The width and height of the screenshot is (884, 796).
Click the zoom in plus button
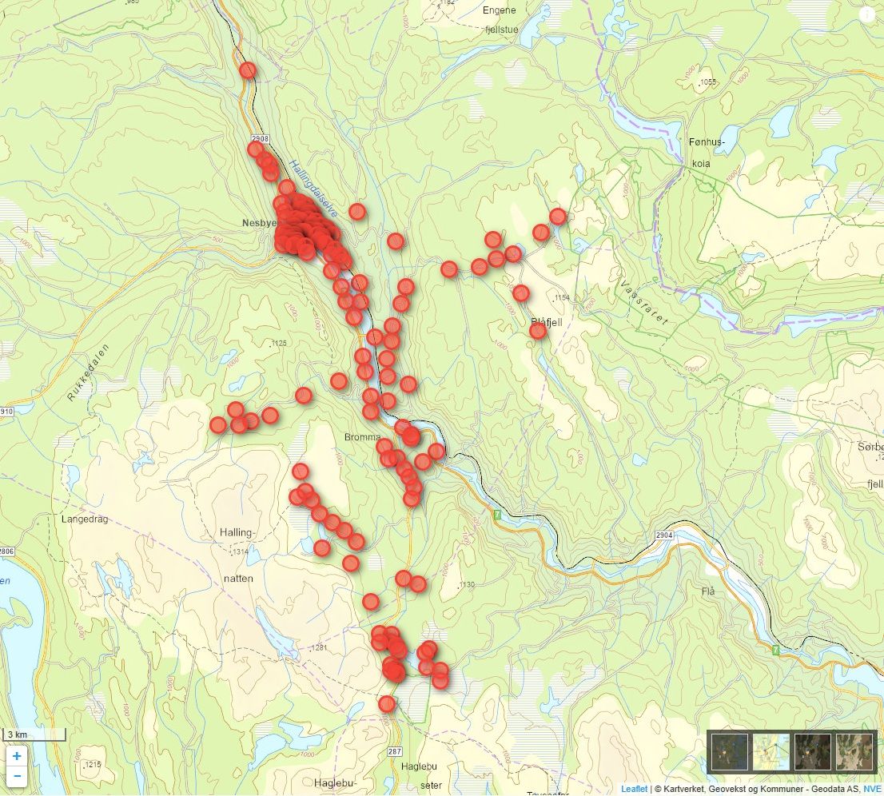point(17,755)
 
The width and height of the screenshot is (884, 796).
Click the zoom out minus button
point(17,775)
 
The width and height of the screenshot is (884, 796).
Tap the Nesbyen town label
point(258,224)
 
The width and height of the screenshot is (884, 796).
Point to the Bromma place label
point(363,437)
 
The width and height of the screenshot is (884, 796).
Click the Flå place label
point(707,591)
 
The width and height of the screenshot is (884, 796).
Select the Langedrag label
point(83,519)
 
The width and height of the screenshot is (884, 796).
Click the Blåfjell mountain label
point(547,321)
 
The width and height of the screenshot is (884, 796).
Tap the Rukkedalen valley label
point(88,371)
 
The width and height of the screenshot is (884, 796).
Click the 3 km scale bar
point(34,734)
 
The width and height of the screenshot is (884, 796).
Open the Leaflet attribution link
point(634,789)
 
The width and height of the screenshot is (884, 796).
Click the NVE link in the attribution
point(872,789)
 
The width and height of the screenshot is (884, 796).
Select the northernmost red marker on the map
point(248,70)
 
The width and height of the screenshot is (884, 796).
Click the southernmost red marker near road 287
point(387,704)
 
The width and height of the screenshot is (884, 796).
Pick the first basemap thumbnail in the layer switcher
point(730,751)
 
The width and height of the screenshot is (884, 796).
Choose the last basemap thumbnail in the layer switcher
point(854,751)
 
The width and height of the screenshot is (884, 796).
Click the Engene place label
point(500,10)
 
